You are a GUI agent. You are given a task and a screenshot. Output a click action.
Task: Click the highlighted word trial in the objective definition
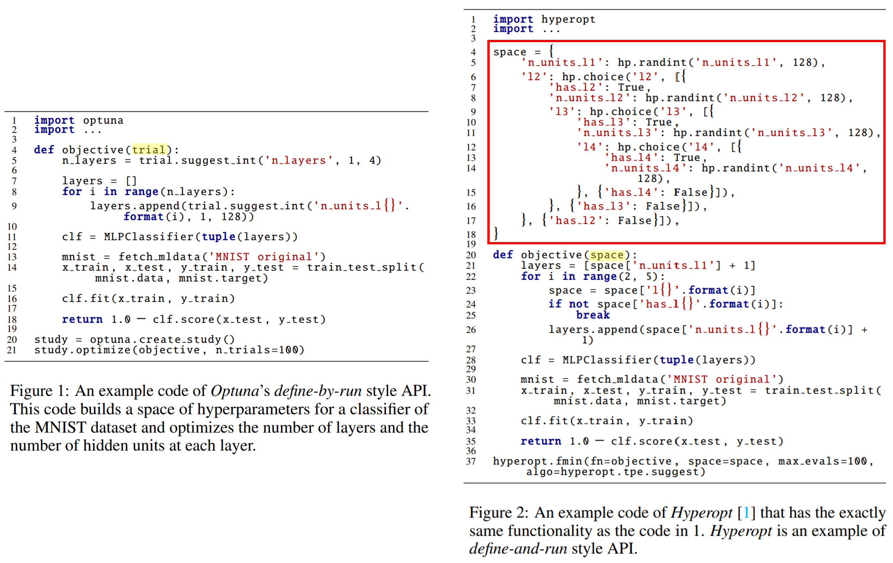coord(150,150)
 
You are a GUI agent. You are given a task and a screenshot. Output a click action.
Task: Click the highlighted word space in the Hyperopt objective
coord(607,255)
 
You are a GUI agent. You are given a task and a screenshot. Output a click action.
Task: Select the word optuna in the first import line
coord(103,120)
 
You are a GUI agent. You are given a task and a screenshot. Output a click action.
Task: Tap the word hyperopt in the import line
coord(568,19)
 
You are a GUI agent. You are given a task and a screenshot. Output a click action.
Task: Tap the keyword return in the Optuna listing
coord(82,319)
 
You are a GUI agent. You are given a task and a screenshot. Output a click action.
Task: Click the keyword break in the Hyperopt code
coord(593,315)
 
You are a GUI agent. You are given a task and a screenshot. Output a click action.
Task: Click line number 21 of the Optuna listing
coord(12,350)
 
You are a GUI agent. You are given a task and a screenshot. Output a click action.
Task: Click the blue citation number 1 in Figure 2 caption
coord(746,512)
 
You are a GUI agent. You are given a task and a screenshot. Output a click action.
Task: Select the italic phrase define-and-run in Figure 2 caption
coord(518,549)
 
